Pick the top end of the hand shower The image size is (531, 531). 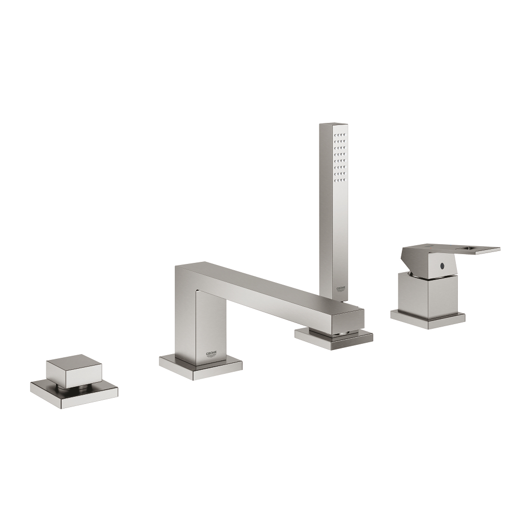(x=333, y=125)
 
